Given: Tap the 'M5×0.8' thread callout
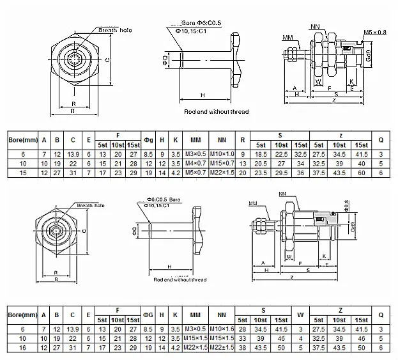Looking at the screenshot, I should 376,31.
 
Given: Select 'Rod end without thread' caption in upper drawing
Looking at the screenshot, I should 216,112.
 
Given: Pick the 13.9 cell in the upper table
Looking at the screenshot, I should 73,155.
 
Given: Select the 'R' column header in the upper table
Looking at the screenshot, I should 243,139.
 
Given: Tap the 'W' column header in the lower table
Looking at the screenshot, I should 301,315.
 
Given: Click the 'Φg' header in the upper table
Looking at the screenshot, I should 148,139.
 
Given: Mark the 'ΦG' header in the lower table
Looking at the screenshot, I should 148,315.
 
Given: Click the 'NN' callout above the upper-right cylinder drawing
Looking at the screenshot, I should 314,27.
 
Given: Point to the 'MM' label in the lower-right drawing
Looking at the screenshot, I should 255,203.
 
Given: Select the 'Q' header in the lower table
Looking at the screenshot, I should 381,315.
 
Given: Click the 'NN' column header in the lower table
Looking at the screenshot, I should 222,315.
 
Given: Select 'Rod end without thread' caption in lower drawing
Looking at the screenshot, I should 180,279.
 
